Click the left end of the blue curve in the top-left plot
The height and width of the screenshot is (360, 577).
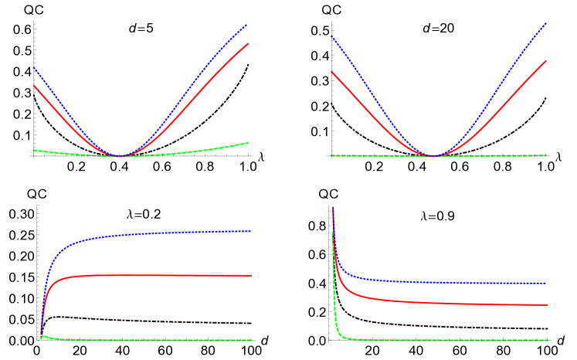click(x=33, y=68)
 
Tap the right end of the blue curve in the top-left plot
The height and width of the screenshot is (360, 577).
click(x=246, y=25)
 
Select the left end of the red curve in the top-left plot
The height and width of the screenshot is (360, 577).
click(x=33, y=86)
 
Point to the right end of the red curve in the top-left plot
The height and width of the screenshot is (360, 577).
click(x=249, y=43)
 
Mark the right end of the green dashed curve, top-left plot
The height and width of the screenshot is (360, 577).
click(x=249, y=142)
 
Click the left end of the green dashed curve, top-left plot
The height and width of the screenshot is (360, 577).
click(x=33, y=150)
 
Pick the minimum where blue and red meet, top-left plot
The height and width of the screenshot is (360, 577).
click(x=117, y=155)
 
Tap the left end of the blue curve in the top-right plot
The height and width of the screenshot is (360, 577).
click(x=331, y=36)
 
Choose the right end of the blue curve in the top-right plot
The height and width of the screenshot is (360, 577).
click(x=546, y=23)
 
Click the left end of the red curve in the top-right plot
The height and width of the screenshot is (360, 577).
click(x=331, y=72)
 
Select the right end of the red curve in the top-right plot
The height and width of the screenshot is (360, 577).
click(x=546, y=60)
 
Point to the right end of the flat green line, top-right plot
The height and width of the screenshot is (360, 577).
click(x=546, y=155)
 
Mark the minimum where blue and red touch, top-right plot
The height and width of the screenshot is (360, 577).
click(x=434, y=155)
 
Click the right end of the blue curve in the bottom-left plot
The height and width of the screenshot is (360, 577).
click(x=251, y=231)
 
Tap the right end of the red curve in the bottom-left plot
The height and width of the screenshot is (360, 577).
click(x=251, y=276)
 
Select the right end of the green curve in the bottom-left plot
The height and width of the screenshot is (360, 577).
click(x=251, y=341)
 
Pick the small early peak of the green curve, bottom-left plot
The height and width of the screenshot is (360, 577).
click(x=43, y=336)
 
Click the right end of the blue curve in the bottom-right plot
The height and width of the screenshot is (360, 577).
click(x=548, y=284)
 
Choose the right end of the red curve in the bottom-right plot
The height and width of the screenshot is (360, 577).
click(x=548, y=304)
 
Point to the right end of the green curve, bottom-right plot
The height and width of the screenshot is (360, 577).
click(x=548, y=340)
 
